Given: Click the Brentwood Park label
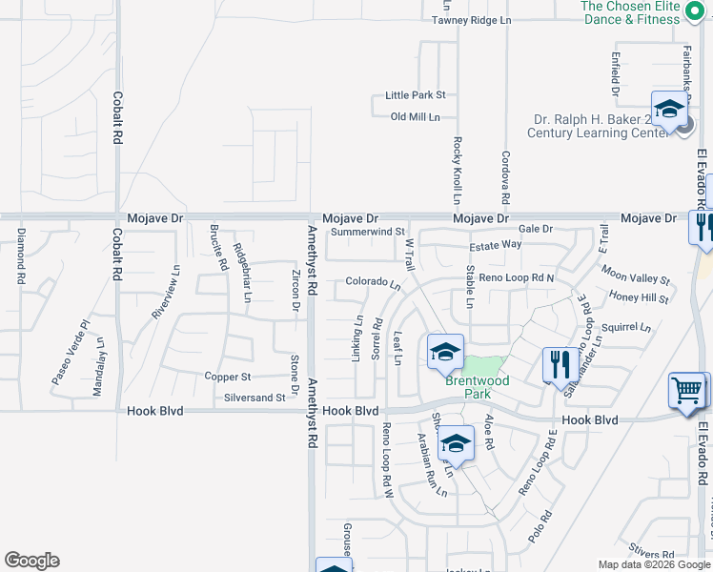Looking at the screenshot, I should (477, 386).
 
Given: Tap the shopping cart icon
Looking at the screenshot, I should (687, 390).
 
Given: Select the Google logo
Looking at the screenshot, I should (31, 561).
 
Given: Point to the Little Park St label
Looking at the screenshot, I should (415, 95).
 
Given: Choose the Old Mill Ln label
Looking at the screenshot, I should (416, 117).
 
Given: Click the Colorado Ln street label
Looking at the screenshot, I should (373, 282).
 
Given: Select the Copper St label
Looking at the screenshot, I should (228, 378).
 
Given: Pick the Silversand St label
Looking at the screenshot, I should (254, 398).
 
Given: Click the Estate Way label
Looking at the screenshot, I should (495, 245).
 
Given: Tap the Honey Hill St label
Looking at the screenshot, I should (639, 298).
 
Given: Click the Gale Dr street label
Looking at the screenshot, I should (536, 229).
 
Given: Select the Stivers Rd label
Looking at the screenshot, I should (653, 551).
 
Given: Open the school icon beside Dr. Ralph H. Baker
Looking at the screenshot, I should (669, 109).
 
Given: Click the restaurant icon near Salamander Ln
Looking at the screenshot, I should (557, 364).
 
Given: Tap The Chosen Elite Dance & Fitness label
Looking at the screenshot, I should (644, 12).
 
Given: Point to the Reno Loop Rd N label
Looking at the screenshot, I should (517, 277).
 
